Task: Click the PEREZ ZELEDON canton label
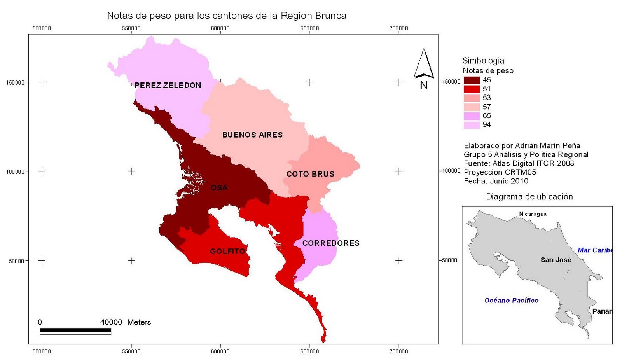(x=168, y=85)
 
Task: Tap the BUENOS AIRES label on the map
(x=252, y=135)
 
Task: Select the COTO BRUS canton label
(x=310, y=174)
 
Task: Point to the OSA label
(x=219, y=188)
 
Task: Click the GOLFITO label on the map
(x=227, y=251)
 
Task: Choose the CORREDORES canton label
(x=331, y=243)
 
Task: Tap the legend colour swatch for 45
(x=471, y=80)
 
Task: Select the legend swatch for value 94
(x=471, y=125)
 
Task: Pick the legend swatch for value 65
(x=471, y=116)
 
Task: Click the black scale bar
(x=75, y=330)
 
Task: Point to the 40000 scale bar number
(x=111, y=322)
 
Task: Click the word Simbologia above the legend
(x=483, y=61)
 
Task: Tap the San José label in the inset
(x=556, y=260)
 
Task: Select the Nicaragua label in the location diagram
(x=533, y=214)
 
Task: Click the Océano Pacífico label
(x=511, y=300)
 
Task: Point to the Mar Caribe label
(x=594, y=250)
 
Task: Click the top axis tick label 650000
(x=309, y=28)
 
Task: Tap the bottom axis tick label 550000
(x=131, y=351)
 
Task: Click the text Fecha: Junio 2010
(x=496, y=181)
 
